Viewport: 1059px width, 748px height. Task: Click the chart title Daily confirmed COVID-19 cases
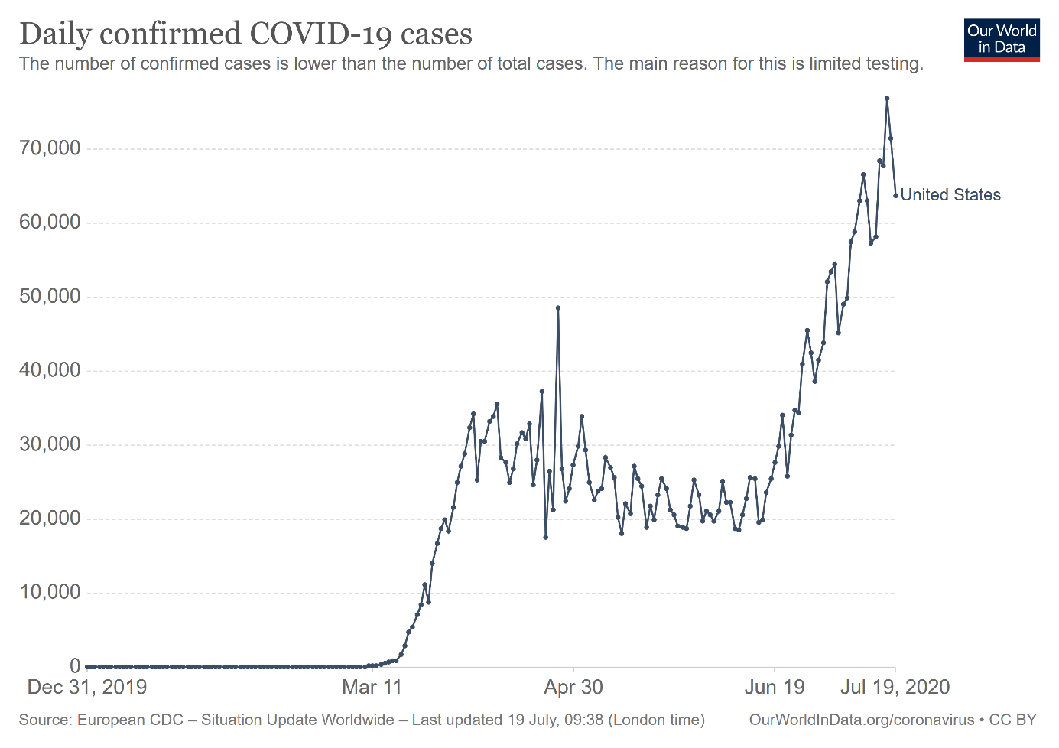[x=245, y=34]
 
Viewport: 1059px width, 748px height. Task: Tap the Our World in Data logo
[x=1002, y=40]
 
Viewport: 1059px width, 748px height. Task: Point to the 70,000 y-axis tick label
[x=50, y=148]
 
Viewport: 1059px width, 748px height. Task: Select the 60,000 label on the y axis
[x=50, y=223]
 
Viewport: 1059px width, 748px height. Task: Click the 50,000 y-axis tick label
[x=50, y=297]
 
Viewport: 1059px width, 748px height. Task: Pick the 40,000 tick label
[x=50, y=370]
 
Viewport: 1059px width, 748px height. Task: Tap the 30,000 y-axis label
[x=50, y=444]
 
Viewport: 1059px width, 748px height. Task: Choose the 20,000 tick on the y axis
[x=50, y=519]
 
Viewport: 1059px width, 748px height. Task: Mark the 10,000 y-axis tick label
[x=50, y=592]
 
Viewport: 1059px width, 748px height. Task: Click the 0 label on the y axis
[x=75, y=666]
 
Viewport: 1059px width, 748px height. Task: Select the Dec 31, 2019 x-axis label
[x=87, y=687]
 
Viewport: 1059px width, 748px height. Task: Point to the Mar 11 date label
[x=372, y=687]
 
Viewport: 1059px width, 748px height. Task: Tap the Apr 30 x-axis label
[x=573, y=687]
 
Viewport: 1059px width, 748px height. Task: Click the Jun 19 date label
[x=775, y=687]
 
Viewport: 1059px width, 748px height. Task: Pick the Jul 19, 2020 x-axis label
[x=895, y=687]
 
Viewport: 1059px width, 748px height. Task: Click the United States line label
[x=950, y=195]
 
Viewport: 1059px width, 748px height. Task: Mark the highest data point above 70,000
[x=887, y=99]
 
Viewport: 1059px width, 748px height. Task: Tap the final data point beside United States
[x=895, y=196]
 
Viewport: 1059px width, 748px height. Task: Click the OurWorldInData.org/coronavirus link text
[x=861, y=720]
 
